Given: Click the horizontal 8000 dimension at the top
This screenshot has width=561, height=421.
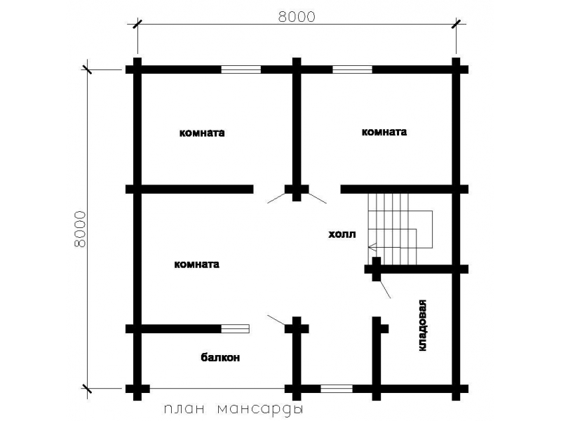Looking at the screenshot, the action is coord(297,17).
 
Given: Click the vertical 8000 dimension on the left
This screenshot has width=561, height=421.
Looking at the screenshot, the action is coord(81,229).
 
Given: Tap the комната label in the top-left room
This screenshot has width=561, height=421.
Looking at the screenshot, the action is coord(202,133).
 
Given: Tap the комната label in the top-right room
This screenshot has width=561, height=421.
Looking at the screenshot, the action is coord(384,132).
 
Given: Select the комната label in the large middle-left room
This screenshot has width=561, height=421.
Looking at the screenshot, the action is coord(197,265).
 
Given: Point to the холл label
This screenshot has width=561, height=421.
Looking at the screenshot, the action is coord(342,234).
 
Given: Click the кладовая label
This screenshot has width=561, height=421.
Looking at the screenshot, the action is coord(422,325).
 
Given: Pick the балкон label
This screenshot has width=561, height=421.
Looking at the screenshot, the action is coord(220,357).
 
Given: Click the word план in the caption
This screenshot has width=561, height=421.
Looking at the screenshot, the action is coord(184,409).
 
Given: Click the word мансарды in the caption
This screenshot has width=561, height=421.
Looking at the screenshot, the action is coord(260,409).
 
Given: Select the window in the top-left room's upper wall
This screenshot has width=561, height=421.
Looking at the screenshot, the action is coord(241,69).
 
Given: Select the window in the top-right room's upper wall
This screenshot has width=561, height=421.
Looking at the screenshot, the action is coord(353,69).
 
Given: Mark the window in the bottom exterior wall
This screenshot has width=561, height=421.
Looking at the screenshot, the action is coord(337,389).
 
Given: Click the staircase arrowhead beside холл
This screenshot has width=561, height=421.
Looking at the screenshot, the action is coord(372,247).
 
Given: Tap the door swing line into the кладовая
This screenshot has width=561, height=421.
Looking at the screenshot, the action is coord(384,289).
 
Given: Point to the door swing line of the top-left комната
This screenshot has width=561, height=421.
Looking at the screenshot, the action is coord(276,199).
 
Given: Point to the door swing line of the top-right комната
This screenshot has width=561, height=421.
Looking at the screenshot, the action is coord(318,199).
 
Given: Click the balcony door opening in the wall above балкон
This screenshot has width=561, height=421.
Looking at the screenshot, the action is coord(235,328).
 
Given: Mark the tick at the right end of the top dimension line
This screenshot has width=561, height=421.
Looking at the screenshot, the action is coord(456,24).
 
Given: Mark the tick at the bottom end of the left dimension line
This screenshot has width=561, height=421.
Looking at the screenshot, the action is coord(87,389).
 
